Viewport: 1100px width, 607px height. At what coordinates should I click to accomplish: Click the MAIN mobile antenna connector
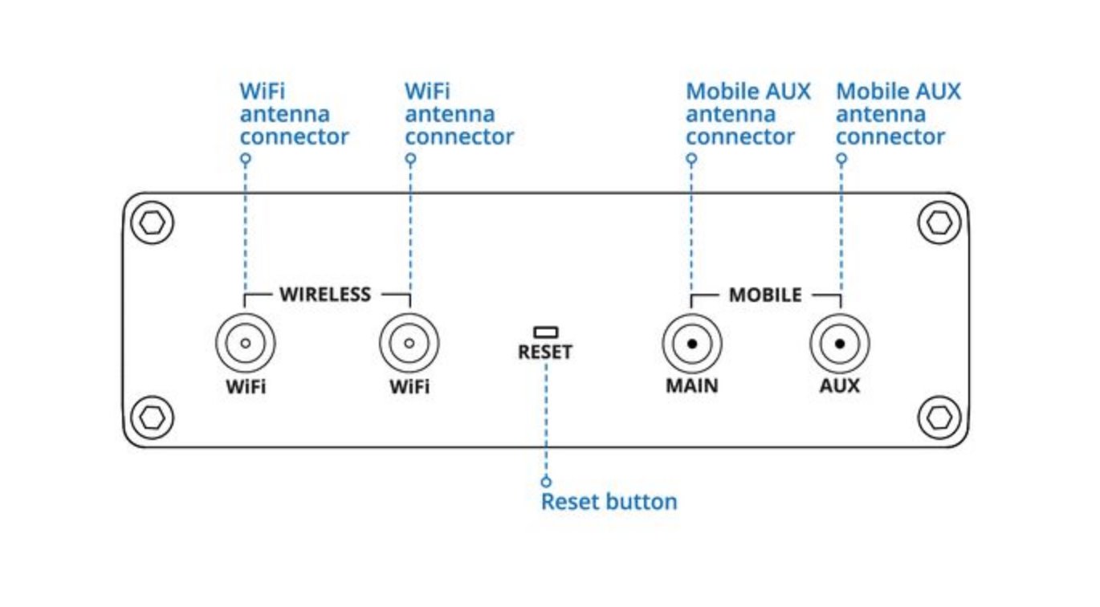click(x=691, y=344)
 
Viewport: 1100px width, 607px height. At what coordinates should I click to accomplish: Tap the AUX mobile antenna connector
click(x=840, y=344)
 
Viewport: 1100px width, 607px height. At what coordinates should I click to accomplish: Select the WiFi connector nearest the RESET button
click(x=409, y=344)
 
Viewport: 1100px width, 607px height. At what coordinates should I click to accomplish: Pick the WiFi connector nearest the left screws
click(x=245, y=344)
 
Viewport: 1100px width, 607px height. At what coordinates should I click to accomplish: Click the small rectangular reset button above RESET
click(x=546, y=331)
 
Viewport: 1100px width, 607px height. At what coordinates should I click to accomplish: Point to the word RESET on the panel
click(x=545, y=352)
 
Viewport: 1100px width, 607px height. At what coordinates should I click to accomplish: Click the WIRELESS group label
click(x=325, y=294)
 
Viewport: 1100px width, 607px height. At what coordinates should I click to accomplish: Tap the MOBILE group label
click(x=764, y=295)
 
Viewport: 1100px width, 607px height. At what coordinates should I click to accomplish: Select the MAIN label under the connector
click(x=691, y=386)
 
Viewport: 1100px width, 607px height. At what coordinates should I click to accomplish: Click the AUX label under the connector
click(x=840, y=386)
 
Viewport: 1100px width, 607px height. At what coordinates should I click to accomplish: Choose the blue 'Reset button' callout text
click(x=609, y=503)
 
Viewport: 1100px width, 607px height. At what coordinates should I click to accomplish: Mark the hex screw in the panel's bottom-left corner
click(x=152, y=417)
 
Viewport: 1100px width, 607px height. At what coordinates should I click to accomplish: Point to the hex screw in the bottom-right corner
click(x=938, y=417)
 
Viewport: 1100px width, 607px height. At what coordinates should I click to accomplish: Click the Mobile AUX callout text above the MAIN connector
click(x=747, y=114)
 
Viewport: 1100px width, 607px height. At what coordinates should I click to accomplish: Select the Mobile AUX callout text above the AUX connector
click(x=898, y=114)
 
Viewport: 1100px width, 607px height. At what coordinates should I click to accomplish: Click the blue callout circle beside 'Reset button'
click(x=546, y=482)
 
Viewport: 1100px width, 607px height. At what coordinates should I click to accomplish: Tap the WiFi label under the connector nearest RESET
click(x=409, y=386)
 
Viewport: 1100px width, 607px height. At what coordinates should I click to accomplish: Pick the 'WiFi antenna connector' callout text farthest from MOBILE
click(x=294, y=114)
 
